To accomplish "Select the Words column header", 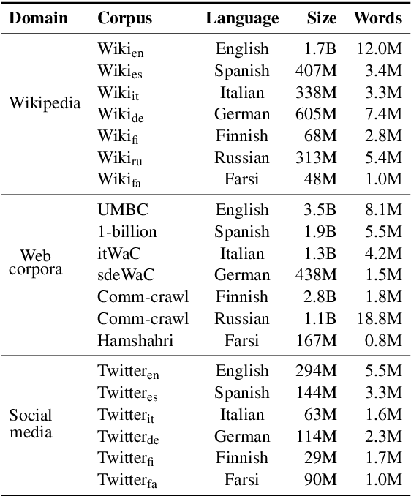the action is tap(377, 18).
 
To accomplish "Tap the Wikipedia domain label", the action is tap(45, 103).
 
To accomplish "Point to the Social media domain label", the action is tap(31, 424).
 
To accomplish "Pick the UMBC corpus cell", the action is tap(123, 210).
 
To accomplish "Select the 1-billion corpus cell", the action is tap(127, 232).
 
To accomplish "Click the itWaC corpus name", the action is tap(119, 254).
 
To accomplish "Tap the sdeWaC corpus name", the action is tap(127, 275).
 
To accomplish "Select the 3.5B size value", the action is tap(320, 210).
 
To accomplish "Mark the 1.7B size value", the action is tap(320, 50).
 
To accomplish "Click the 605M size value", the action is tap(316, 115).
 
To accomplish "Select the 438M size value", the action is tap(316, 275).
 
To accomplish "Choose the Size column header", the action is tap(321, 18).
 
